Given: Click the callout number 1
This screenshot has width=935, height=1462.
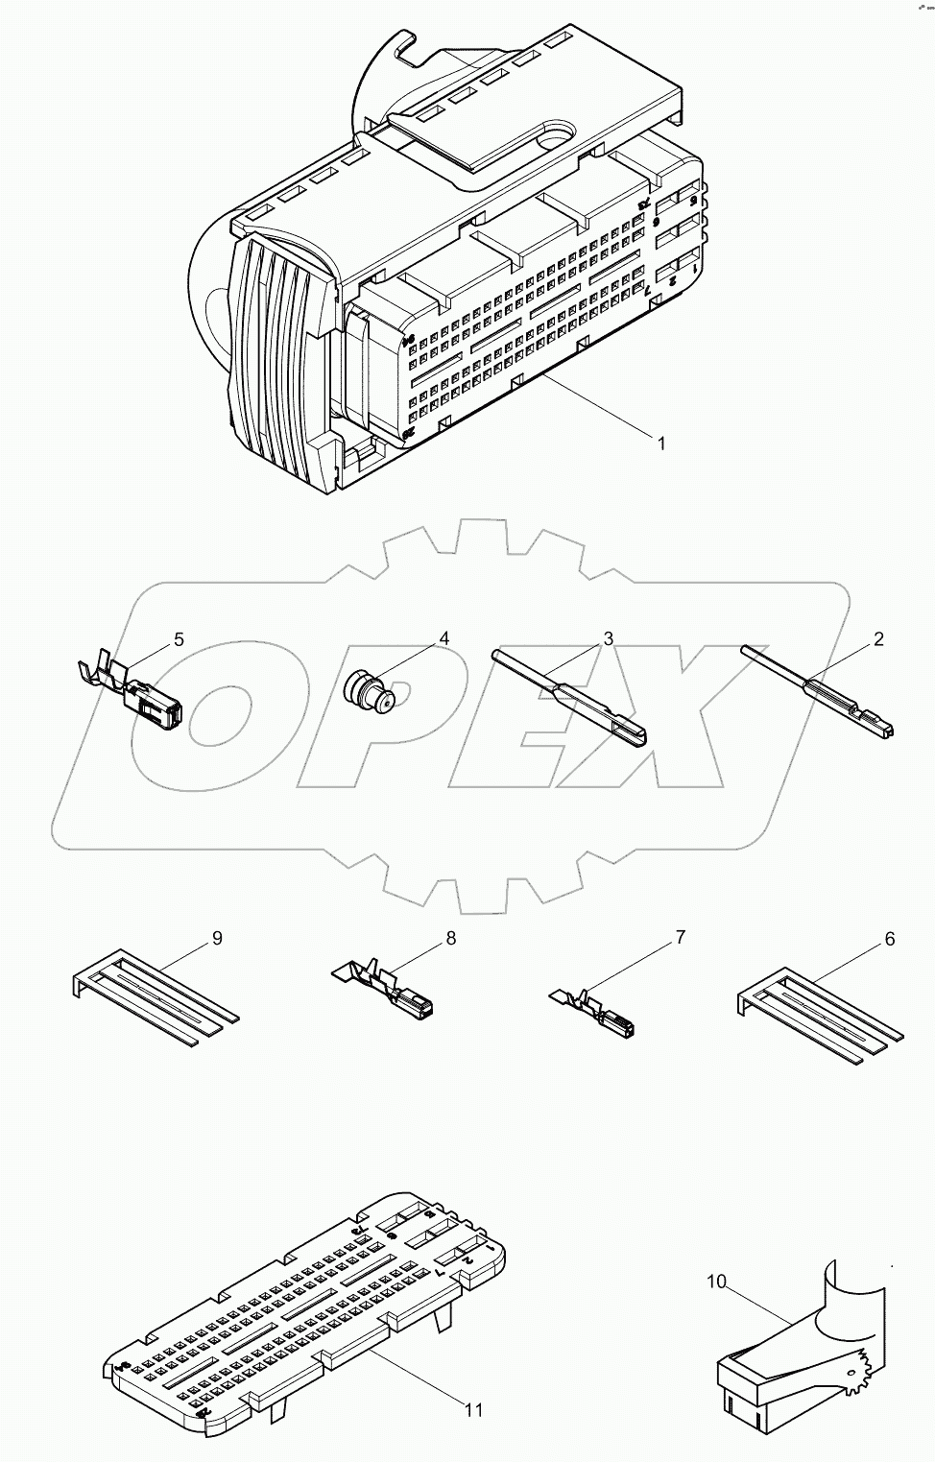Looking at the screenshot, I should tap(660, 443).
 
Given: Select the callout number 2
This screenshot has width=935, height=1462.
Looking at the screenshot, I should tap(878, 639).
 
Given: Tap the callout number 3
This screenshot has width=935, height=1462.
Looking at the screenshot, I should tap(609, 638).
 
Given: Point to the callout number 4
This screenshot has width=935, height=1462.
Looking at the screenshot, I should tap(444, 638).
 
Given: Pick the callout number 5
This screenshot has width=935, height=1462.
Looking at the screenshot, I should tap(179, 639).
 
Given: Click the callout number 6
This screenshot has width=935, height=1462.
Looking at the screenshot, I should tap(890, 939).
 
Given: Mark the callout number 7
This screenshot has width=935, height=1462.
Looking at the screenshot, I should tap(681, 937).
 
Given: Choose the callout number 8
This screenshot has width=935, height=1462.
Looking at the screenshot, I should tap(450, 938).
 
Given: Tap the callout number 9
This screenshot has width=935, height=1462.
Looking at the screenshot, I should tap(217, 938).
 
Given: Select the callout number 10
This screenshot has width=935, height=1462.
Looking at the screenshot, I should tap(718, 1282).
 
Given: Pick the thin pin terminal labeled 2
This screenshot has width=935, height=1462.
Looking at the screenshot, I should tap(826, 693).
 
